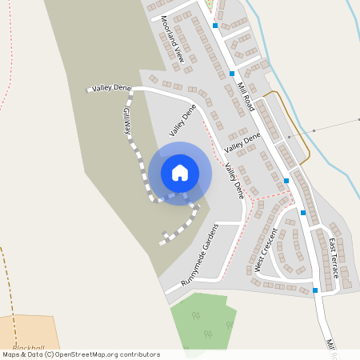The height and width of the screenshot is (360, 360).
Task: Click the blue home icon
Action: click(180, 173)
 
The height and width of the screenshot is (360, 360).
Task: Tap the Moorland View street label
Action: click(172, 39)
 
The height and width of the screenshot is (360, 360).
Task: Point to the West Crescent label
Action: click(266, 250)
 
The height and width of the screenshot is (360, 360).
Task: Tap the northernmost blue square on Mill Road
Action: click(215, 26)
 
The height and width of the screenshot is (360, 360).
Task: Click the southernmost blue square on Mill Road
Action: click(315, 290)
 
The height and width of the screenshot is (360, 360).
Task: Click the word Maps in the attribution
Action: click(11, 354)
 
